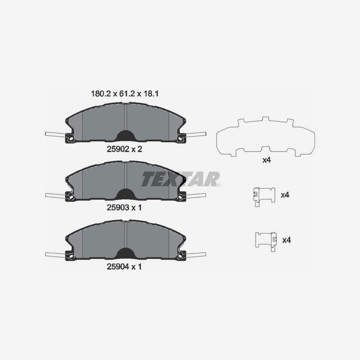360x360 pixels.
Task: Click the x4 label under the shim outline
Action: click(267, 160)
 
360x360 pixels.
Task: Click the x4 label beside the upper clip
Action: click(285, 195)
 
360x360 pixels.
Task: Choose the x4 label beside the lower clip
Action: click(287, 240)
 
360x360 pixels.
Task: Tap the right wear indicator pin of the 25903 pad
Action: click(195, 195)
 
